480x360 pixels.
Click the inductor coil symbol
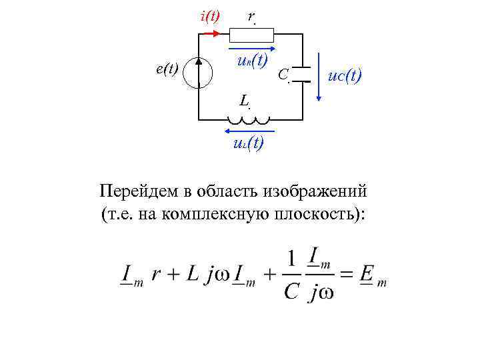[x=249, y=120]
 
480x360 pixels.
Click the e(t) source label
[x=167, y=69]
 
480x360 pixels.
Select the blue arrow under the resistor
[x=252, y=49]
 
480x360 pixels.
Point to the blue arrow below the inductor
[x=247, y=131]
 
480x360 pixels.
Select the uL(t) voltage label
[x=247, y=143]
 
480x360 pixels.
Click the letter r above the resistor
[x=251, y=15]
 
